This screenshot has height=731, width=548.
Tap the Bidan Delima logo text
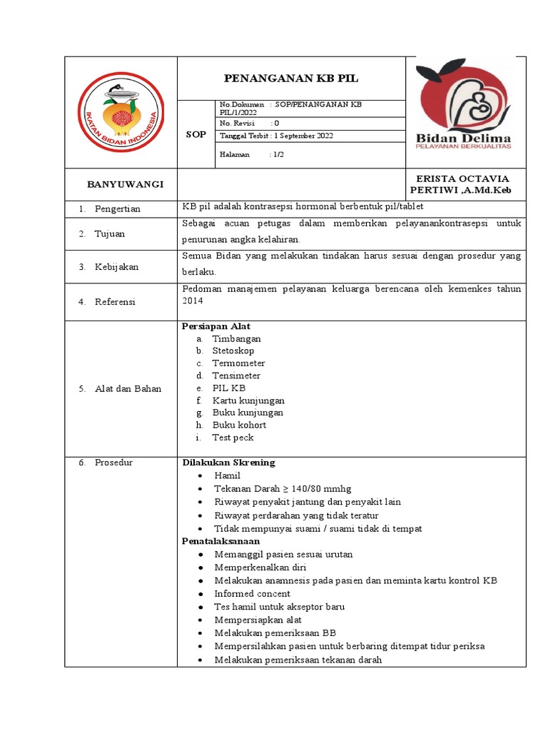[465, 138]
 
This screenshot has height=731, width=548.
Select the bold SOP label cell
[196, 134]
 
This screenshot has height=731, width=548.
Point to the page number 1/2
[276, 153]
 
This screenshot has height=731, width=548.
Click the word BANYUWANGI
[125, 184]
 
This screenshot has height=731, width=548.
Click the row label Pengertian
[118, 208]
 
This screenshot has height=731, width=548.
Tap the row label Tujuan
[110, 233]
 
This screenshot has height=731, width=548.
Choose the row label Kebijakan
[116, 267]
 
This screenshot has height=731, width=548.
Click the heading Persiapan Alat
[216, 326]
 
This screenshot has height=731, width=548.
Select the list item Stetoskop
[233, 351]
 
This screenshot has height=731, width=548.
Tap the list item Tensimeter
[236, 375]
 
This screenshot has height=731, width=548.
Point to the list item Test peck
[233, 438]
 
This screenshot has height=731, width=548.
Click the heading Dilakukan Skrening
[228, 463]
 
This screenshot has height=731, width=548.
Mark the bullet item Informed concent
[252, 593]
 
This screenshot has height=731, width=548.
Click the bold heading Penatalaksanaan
[221, 541]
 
